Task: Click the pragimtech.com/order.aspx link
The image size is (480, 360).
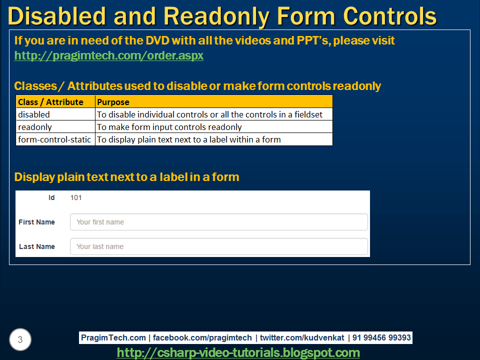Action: click(x=108, y=55)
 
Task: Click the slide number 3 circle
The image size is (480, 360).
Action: click(x=20, y=340)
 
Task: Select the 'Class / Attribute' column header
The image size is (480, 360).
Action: click(x=50, y=102)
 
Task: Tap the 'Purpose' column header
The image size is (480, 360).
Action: click(x=113, y=102)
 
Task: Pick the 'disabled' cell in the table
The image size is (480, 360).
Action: click(x=34, y=114)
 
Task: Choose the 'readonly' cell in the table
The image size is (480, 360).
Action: click(x=35, y=127)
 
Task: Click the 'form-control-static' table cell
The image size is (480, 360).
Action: click(x=54, y=139)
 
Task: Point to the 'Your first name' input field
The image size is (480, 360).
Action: click(x=218, y=222)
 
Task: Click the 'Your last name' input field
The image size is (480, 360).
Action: click(x=218, y=246)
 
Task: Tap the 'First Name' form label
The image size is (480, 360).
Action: click(x=36, y=222)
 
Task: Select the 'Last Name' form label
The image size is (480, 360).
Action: click(x=37, y=246)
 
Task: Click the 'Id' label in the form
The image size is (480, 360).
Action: click(x=51, y=197)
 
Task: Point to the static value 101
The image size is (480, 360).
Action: click(x=76, y=197)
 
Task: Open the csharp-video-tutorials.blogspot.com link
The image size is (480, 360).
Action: click(x=238, y=352)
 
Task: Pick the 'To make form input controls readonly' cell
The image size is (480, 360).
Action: click(x=169, y=127)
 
